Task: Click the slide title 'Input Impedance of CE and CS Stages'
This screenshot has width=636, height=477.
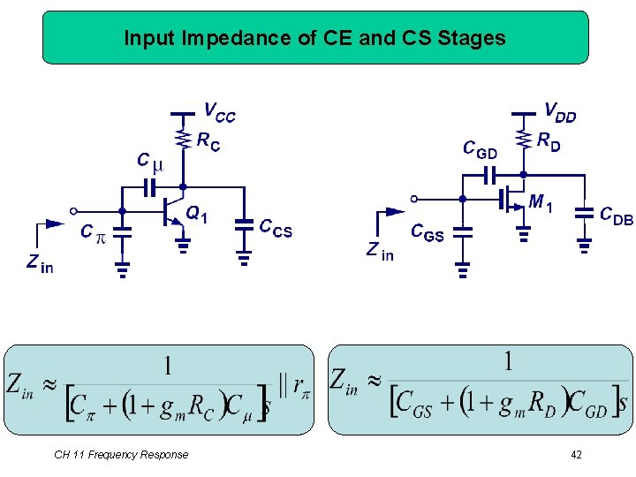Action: click(x=314, y=38)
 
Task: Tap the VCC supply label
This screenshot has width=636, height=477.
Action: click(x=220, y=113)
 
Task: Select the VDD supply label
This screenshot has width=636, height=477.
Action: click(x=560, y=112)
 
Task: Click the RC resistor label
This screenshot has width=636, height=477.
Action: click(x=209, y=141)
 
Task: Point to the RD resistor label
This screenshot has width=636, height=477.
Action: click(x=549, y=141)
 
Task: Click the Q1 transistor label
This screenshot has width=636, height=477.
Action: click(x=197, y=214)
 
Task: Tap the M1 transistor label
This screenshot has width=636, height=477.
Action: click(x=541, y=203)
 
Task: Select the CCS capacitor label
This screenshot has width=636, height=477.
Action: click(x=275, y=228)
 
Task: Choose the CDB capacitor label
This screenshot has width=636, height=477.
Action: click(x=616, y=215)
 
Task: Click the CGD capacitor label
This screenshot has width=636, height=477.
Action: click(x=481, y=149)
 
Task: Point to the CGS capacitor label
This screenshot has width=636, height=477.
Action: click(x=428, y=232)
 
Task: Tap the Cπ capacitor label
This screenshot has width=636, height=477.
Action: click(x=92, y=232)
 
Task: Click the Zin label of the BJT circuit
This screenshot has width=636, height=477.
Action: click(x=40, y=262)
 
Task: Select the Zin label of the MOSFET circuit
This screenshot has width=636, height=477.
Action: click(x=380, y=252)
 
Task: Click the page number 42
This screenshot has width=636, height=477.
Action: click(x=576, y=455)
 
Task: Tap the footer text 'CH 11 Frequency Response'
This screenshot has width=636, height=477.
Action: click(x=121, y=455)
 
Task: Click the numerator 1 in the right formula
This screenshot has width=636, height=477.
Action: click(x=508, y=360)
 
